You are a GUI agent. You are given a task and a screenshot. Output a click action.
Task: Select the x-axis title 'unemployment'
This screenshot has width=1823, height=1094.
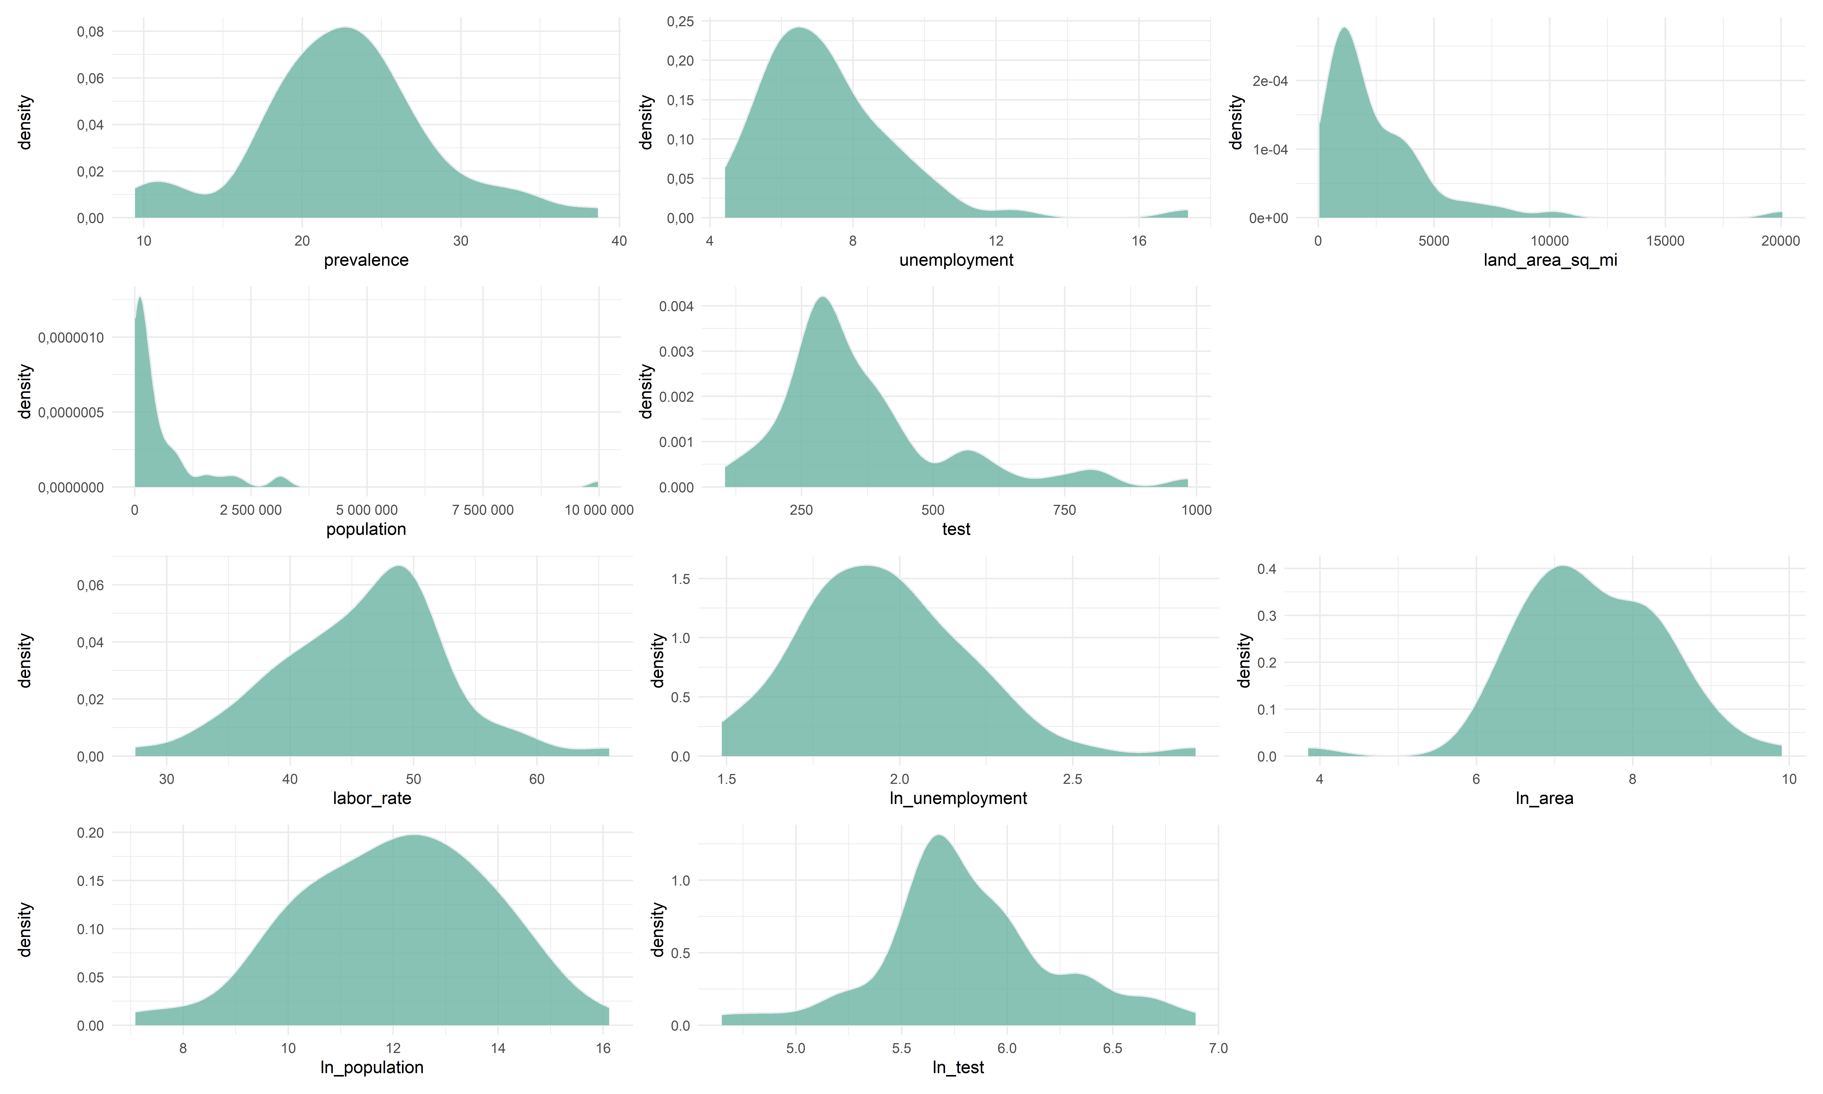click(956, 260)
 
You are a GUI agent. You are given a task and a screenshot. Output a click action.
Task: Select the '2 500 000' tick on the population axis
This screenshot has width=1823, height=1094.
click(250, 510)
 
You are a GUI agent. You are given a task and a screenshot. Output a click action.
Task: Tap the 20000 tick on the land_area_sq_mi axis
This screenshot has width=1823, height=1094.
click(1780, 241)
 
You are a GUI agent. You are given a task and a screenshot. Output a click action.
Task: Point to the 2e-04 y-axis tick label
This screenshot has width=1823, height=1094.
click(1270, 81)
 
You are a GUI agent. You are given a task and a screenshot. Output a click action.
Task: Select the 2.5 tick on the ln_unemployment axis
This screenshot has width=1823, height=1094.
click(1072, 779)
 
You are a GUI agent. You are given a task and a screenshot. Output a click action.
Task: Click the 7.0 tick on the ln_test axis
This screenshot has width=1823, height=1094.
click(1218, 1048)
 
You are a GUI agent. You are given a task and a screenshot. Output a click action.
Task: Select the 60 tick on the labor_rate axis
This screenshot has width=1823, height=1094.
click(536, 779)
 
